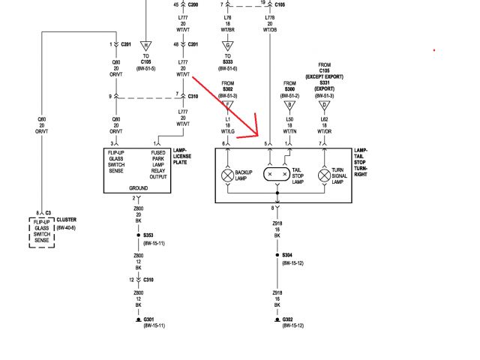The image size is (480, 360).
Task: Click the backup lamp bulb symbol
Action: point(227,175)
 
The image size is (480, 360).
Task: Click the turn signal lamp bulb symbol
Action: point(323,175)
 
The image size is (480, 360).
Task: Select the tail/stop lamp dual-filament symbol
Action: point(277,174)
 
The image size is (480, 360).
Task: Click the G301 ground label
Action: point(150,319)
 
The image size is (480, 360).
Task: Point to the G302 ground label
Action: point(288,319)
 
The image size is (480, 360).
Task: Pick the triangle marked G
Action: point(228,45)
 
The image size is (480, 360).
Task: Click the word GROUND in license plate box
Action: point(138,188)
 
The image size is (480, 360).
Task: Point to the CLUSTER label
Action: point(66,220)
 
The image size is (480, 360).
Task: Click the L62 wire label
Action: point(324,120)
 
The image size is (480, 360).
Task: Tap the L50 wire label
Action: point(289,120)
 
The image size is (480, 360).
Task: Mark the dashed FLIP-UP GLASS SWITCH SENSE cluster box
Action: point(43,232)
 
